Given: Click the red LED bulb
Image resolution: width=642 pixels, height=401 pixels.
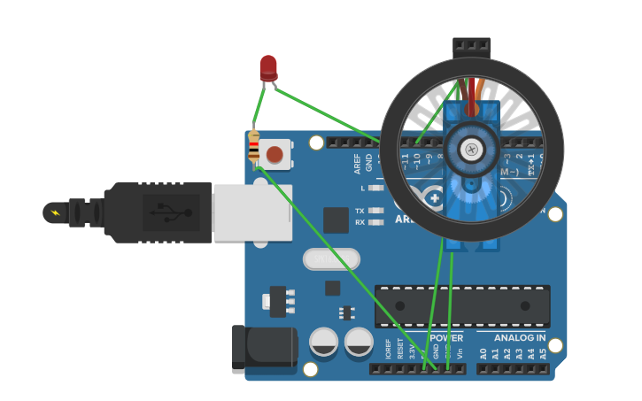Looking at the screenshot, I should click(268, 67).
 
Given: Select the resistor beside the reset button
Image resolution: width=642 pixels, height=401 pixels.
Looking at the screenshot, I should click(254, 148).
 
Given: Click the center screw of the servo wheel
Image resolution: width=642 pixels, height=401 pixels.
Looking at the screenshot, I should click(472, 150).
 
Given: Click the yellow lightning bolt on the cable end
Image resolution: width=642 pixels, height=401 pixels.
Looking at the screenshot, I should click(56, 212).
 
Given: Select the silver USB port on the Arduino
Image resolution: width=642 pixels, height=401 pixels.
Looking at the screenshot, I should click(252, 212).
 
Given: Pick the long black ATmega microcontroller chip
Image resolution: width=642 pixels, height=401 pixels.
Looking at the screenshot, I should click(462, 305).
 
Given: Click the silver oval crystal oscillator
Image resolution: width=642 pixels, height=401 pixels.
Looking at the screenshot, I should click(331, 258).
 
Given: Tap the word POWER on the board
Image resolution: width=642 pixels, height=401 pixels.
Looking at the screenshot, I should click(445, 338).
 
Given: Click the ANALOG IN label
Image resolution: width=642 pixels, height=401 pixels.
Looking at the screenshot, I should click(519, 338).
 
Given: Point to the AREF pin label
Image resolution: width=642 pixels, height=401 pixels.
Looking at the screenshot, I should click(358, 163).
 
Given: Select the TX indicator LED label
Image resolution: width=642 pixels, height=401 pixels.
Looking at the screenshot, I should click(360, 211).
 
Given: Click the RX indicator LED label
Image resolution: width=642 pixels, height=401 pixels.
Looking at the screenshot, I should click(360, 222).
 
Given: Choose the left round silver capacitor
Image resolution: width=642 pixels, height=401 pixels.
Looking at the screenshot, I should click(324, 342).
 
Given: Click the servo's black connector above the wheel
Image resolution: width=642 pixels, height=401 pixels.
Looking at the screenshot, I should click(471, 46).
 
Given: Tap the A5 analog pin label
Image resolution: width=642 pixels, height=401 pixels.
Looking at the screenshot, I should click(543, 353).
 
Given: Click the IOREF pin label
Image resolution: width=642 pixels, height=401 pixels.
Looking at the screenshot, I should click(388, 349).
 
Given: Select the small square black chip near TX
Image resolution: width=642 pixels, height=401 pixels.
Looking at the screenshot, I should click(336, 220).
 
